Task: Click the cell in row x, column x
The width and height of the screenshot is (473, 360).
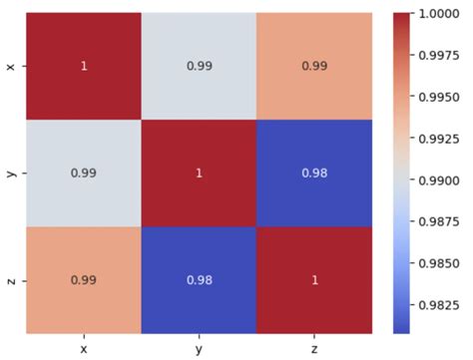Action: (83, 66)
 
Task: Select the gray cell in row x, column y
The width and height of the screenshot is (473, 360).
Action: (198, 66)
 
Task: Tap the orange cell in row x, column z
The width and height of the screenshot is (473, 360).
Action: (313, 66)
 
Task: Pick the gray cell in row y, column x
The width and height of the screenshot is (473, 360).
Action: (83, 173)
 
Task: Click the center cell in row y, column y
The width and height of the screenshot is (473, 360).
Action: (198, 173)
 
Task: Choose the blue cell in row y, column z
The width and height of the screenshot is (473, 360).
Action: (313, 173)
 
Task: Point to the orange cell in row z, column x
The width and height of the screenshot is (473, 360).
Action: (83, 279)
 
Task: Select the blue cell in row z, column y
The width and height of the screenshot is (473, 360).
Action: (198, 279)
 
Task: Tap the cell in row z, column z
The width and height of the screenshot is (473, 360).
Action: (313, 279)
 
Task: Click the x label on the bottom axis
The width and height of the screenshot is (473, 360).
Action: (83, 348)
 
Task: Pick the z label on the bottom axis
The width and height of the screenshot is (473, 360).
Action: (313, 348)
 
